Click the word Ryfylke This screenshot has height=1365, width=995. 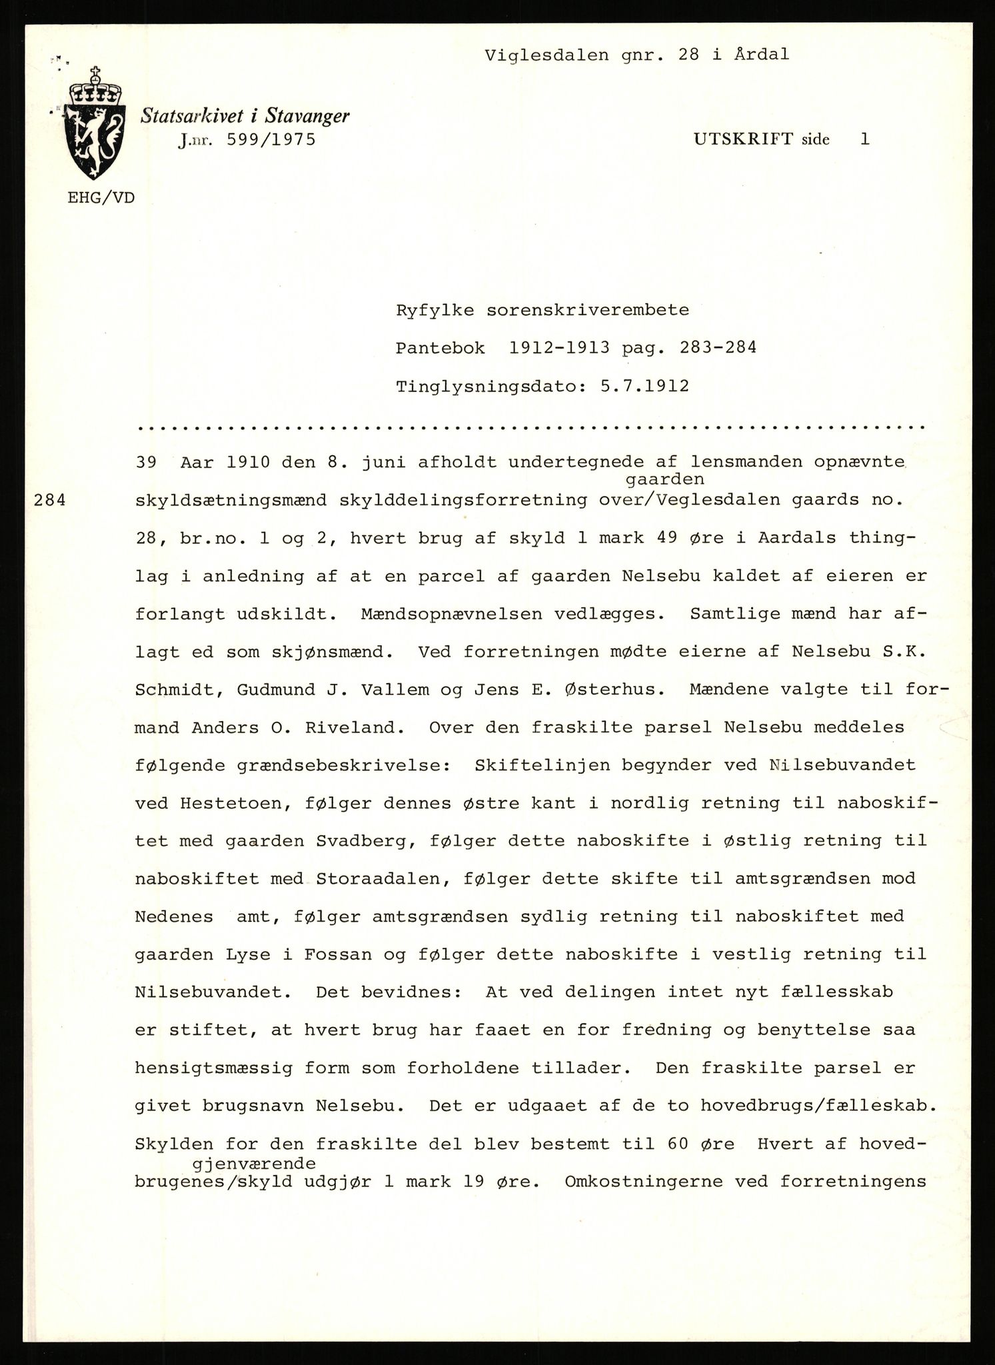[435, 311]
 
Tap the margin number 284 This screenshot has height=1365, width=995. [50, 501]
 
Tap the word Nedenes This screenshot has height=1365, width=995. [174, 917]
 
